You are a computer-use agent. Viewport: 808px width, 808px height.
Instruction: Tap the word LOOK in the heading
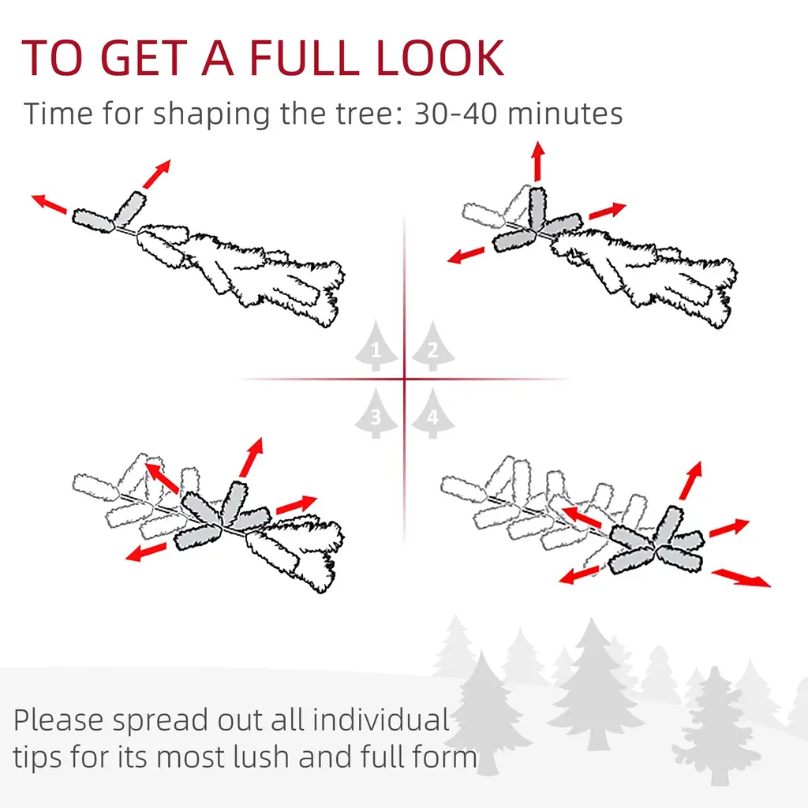coord(440,58)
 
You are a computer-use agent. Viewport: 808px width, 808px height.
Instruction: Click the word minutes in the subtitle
coord(565,114)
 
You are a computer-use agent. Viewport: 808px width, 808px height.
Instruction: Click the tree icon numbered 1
coord(376,346)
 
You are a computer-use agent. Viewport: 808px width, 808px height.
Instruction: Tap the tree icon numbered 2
coord(433,346)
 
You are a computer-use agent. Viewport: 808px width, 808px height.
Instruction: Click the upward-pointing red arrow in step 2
coord(538,161)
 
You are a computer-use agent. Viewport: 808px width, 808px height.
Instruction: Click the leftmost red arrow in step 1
coord(49,204)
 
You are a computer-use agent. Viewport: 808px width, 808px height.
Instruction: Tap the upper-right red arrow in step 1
coord(157,174)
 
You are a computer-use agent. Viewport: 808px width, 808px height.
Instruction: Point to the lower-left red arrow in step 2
coord(466,255)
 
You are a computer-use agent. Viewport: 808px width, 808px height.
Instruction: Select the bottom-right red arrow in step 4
coord(741,578)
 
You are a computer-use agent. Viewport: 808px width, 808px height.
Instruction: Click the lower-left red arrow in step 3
coord(146,552)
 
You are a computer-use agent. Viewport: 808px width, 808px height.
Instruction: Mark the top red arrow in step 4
coord(691,481)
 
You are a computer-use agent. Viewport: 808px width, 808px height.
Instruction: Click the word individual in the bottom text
coord(381,720)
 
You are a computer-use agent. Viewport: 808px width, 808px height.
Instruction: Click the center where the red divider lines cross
coord(405,380)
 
